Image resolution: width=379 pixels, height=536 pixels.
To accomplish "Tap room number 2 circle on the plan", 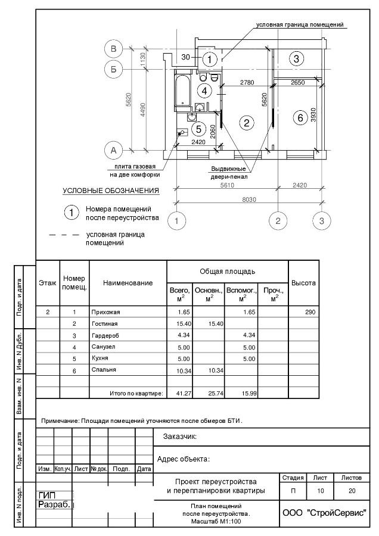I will tap(245, 123).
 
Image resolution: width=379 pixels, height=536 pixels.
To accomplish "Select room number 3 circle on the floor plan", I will tap(296, 58).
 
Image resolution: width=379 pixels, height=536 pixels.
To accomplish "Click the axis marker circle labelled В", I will tap(113, 48).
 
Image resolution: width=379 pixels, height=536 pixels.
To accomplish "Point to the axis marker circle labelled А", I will tap(113, 149).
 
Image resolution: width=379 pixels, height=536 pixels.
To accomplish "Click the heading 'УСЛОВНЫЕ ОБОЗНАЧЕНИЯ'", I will tap(111, 191).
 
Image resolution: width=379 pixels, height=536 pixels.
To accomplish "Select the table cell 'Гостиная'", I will tap(104, 323).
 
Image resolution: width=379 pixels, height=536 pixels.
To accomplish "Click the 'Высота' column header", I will tap(303, 283).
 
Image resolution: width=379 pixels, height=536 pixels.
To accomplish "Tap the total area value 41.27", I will tap(184, 393).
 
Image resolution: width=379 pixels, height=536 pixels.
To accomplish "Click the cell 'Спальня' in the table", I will tap(104, 370).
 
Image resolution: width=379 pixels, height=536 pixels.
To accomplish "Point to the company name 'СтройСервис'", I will tap(323, 513).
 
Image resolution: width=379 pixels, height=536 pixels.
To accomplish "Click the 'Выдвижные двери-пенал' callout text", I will tap(229, 173).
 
